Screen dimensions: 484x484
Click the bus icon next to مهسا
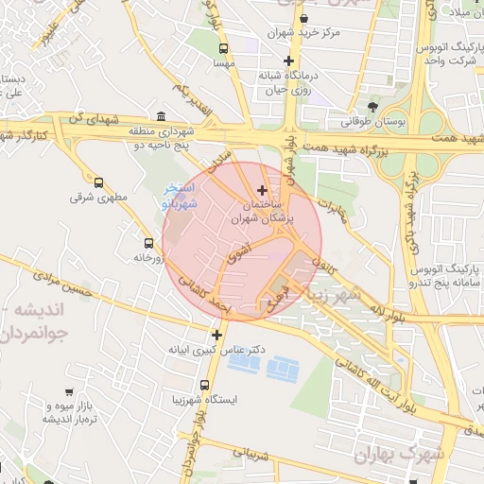[x=223, y=48]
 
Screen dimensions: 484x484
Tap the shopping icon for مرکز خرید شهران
[x=302, y=18]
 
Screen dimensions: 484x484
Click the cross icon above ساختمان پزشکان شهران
[x=262, y=190]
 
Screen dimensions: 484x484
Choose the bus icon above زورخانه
[x=147, y=241]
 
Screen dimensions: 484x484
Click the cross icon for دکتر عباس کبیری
[x=217, y=335]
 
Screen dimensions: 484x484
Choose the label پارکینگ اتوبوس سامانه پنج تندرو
[x=441, y=268]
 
